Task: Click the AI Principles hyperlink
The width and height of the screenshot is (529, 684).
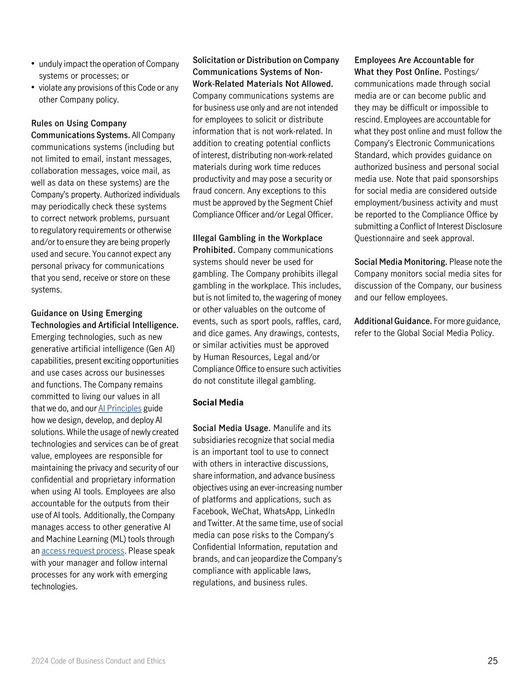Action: click(x=120, y=408)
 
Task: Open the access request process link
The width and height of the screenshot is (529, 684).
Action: click(x=83, y=551)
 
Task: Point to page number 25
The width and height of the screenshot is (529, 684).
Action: click(x=492, y=661)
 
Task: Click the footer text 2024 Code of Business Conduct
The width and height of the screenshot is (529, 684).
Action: click(x=98, y=661)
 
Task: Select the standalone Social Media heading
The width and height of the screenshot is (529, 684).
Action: click(x=218, y=402)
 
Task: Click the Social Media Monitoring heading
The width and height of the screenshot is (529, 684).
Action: click(x=401, y=262)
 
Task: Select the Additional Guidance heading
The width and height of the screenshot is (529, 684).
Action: click(x=393, y=321)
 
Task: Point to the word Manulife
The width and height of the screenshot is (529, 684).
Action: click(x=290, y=428)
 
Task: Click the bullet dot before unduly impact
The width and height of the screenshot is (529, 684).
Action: click(x=33, y=64)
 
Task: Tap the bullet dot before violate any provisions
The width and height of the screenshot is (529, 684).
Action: click(x=33, y=87)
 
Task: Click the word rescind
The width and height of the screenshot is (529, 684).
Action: click(x=369, y=119)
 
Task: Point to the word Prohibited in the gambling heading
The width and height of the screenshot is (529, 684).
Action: click(x=214, y=250)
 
